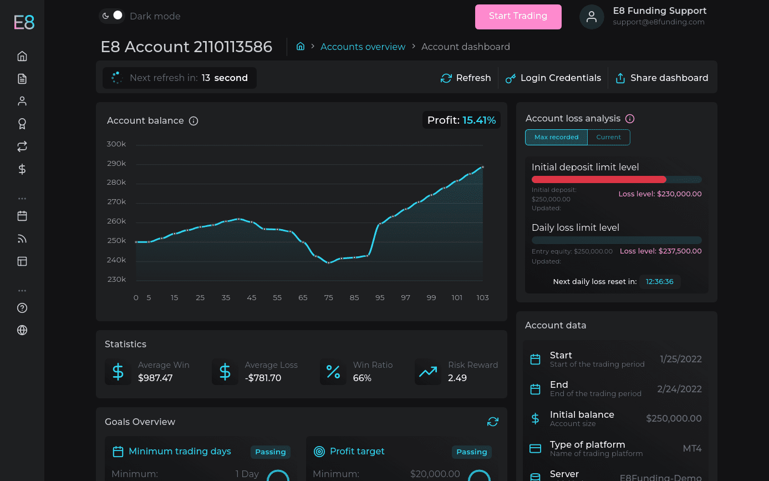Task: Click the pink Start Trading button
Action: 518,17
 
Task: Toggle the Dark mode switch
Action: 112,16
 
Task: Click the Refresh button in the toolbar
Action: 466,78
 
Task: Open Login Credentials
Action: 553,78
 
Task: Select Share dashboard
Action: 662,78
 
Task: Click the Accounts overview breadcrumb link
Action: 363,47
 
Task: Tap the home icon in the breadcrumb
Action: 301,47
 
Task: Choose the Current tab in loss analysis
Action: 609,137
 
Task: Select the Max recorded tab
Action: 557,137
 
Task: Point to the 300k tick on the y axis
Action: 116,144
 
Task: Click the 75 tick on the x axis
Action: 329,297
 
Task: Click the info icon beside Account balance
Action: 193,121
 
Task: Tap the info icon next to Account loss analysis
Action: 630,119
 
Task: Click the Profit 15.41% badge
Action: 461,120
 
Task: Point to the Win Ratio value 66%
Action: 362,378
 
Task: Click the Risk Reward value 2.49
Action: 457,378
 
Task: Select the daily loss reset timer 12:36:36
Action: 659,282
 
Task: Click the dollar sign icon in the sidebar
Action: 22,169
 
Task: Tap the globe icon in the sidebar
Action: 22,330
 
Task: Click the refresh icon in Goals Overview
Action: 493,422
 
